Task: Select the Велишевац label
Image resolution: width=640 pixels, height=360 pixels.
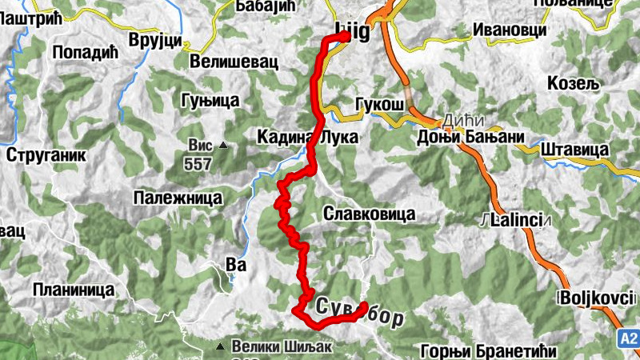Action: coord(228,61)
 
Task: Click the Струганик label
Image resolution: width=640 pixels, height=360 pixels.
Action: coord(46,155)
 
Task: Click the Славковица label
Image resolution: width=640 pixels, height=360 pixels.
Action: coord(369,214)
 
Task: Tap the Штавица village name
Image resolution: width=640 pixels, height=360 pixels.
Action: coord(575,149)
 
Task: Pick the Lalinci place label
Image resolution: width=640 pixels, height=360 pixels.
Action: coord(517,219)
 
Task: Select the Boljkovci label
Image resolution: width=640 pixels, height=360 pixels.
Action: coord(593,298)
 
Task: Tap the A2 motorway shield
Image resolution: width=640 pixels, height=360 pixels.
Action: coord(628,340)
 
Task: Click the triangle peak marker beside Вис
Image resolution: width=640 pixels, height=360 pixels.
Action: coord(223,146)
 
